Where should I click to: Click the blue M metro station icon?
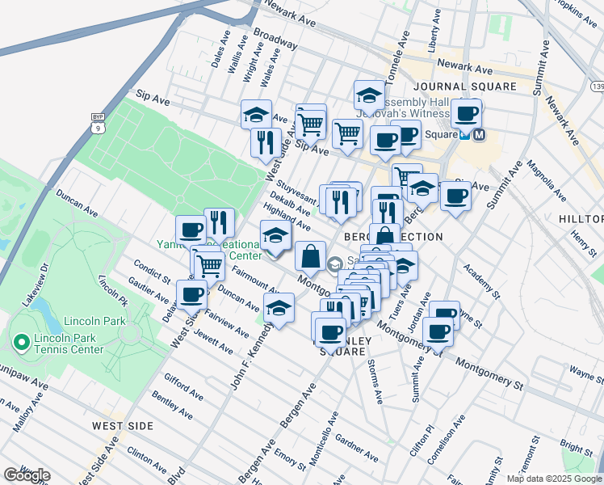click(x=479, y=135)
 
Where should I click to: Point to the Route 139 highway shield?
click(x=596, y=86)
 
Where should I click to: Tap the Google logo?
click(x=27, y=474)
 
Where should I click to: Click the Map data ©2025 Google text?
click(x=554, y=479)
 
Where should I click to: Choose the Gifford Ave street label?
click(x=177, y=383)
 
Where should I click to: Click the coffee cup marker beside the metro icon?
click(x=466, y=114)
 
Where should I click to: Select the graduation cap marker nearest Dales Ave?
click(x=256, y=114)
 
